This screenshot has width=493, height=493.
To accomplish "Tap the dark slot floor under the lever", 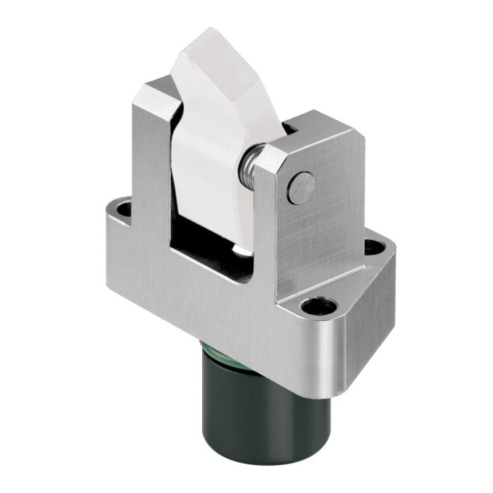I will click(x=211, y=243).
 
